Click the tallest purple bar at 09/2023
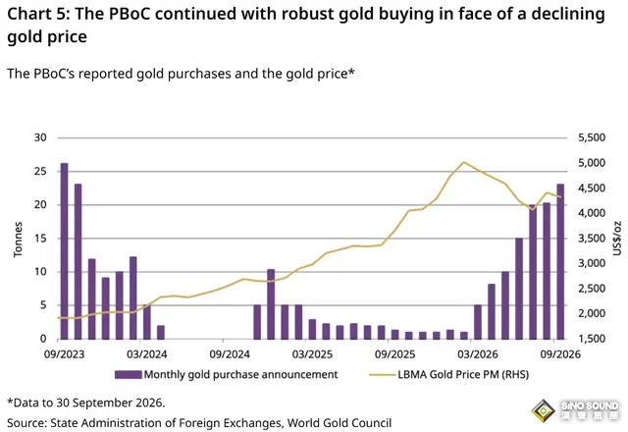(64, 251)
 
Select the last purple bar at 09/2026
(560, 262)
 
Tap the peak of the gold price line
(463, 162)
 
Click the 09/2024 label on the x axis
(230, 354)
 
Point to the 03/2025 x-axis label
(312, 354)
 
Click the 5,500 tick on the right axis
(592, 137)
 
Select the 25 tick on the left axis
(40, 171)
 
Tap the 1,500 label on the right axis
(592, 339)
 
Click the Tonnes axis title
(18, 240)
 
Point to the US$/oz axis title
(617, 238)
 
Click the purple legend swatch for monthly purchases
(129, 375)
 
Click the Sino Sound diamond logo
(543, 410)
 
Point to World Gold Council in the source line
(340, 423)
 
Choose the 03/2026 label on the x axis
(478, 354)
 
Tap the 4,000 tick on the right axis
(592, 213)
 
